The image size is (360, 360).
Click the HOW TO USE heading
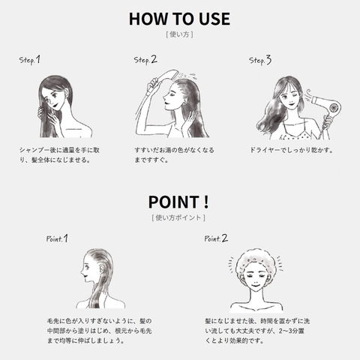(x=179, y=19)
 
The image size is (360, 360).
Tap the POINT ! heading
(x=178, y=202)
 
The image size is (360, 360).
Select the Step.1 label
(x=29, y=60)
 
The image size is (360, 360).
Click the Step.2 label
(x=145, y=60)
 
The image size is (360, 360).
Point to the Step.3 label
(x=260, y=60)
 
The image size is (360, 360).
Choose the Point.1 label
(x=57, y=238)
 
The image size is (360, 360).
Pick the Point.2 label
(x=216, y=238)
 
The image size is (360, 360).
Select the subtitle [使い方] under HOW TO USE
(x=179, y=34)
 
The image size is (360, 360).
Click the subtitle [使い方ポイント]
(x=178, y=217)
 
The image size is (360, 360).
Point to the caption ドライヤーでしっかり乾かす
(x=292, y=150)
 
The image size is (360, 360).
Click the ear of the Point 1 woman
(x=101, y=269)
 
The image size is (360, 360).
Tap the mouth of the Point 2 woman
(x=256, y=285)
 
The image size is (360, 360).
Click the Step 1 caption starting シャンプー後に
(x=59, y=155)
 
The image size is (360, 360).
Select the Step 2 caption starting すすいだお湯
(x=174, y=155)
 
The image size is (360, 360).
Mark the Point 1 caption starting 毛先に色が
(x=100, y=331)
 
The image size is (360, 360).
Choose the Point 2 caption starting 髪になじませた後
(x=257, y=331)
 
